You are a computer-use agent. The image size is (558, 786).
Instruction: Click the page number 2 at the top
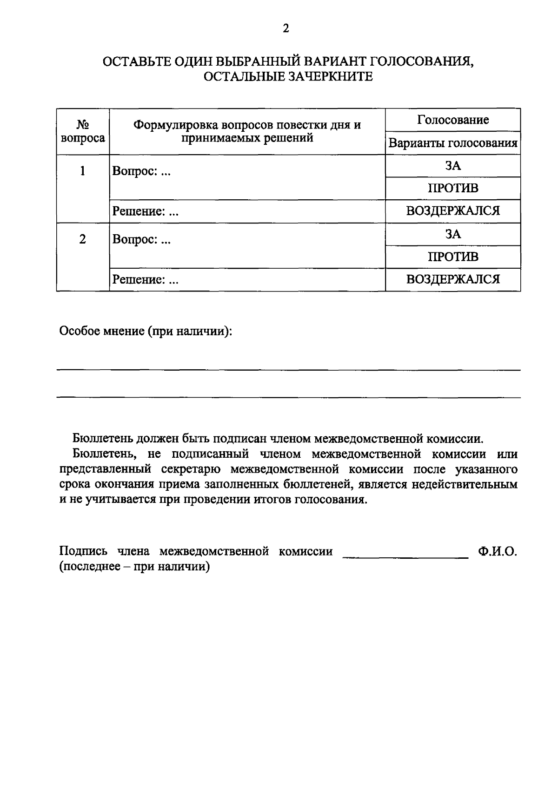(x=286, y=29)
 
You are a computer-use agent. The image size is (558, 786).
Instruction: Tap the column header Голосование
(x=452, y=120)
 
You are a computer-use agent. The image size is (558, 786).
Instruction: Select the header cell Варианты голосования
(x=452, y=143)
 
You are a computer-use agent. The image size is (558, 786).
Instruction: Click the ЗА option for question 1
(x=452, y=166)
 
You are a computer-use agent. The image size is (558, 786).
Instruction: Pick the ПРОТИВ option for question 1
(x=452, y=189)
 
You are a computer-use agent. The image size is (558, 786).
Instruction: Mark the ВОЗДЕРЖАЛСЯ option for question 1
(x=452, y=211)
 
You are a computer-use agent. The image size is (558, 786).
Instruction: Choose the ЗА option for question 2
(x=452, y=234)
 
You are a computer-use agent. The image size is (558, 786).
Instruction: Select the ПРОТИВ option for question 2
(x=452, y=257)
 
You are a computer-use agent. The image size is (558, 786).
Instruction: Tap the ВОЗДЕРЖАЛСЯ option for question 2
(x=452, y=280)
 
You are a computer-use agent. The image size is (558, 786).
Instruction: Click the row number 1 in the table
(x=83, y=171)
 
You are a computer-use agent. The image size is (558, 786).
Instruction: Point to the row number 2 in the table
(x=83, y=240)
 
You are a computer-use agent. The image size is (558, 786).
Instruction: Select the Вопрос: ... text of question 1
(x=141, y=172)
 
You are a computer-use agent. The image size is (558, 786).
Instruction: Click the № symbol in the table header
(x=83, y=126)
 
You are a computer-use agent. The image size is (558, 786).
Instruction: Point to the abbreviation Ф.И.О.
(x=497, y=552)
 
